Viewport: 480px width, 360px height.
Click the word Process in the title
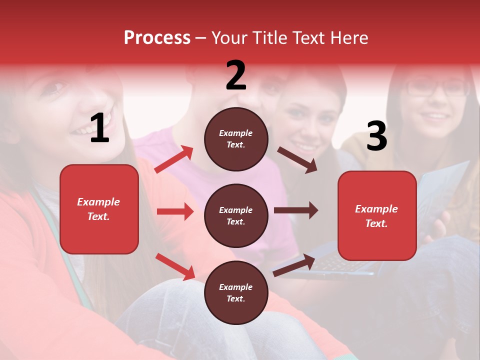(x=157, y=38)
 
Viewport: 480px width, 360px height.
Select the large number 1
(x=99, y=129)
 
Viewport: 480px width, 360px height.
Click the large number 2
(x=236, y=76)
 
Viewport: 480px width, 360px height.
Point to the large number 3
(x=376, y=136)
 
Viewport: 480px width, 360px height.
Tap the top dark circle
(x=236, y=139)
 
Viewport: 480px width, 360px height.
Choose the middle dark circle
(x=236, y=216)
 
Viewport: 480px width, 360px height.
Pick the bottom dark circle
(x=236, y=293)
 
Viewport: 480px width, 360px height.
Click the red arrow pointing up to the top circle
(x=174, y=159)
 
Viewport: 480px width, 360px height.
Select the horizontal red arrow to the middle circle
(x=175, y=211)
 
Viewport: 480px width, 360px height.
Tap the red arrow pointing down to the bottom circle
(x=175, y=266)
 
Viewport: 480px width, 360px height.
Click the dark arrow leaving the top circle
(x=297, y=160)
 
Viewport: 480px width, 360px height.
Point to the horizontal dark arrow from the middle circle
(x=295, y=210)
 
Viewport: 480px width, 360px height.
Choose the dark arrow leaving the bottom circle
(x=294, y=265)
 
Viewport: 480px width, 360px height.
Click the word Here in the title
(x=349, y=38)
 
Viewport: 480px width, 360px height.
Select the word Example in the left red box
(x=98, y=202)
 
